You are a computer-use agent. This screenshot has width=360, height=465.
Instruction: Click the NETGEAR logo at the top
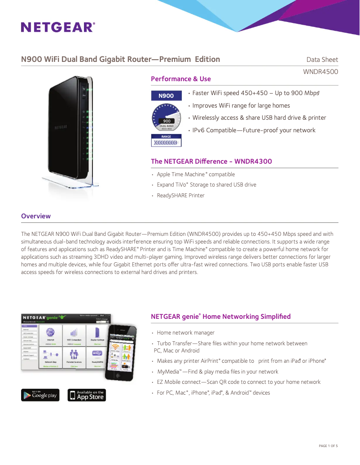pos(58,27)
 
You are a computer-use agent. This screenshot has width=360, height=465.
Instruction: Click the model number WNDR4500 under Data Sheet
pos(320,72)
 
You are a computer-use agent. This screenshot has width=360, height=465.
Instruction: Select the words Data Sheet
pos(322,60)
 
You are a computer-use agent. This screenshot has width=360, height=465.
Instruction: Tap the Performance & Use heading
pos(181,79)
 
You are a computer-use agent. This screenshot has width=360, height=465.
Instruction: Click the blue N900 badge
pos(166,96)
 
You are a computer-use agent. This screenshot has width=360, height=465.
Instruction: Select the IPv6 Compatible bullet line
pos(254,130)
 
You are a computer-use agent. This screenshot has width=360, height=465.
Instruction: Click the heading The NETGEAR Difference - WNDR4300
pos(211,161)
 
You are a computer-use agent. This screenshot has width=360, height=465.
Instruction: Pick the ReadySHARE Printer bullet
pos(180,196)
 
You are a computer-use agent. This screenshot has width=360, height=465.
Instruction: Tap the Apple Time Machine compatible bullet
pos(196,174)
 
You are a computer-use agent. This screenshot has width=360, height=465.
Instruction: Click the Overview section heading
pos(36,216)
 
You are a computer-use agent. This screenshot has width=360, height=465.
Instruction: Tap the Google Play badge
pos(40,395)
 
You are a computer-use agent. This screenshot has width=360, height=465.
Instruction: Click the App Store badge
pos(87,395)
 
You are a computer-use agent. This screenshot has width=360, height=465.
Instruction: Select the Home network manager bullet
pos(185,333)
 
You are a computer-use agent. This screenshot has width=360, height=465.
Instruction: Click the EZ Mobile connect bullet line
pos(238,382)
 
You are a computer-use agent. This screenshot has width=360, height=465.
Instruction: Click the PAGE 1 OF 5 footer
pos(328,446)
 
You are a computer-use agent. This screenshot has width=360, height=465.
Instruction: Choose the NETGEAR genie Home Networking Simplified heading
pos(221,317)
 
